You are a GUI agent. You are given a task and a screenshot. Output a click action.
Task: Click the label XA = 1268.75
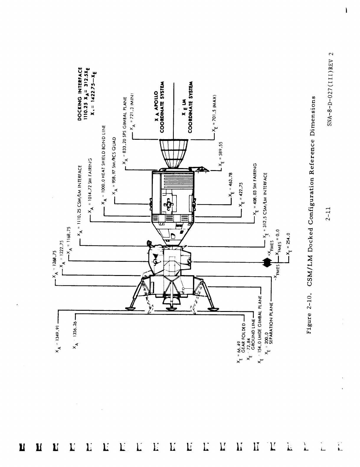coord(54,265)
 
